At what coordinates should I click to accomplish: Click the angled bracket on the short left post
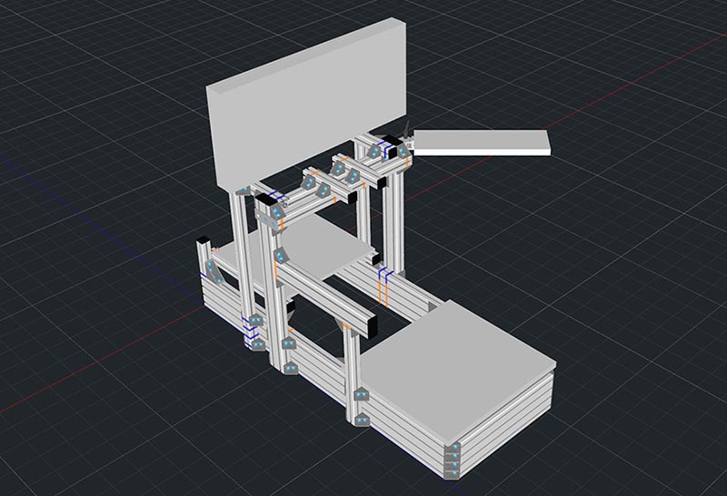tap(211, 272)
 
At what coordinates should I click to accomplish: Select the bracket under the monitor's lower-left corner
tap(243, 190)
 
